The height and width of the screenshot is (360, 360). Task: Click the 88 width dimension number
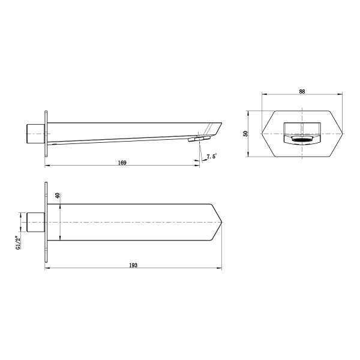tap(302, 91)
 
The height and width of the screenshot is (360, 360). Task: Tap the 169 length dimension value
tap(122, 163)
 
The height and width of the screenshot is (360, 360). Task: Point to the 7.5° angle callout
tap(211, 157)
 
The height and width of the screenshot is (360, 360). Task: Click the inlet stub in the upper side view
tap(35, 133)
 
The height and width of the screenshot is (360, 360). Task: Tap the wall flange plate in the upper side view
tap(46, 133)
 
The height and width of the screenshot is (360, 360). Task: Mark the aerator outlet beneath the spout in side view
tap(196, 139)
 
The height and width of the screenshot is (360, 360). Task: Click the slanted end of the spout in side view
tap(217, 128)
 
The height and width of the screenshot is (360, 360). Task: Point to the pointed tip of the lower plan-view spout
tap(222, 223)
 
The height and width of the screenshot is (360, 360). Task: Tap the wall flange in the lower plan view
tap(46, 223)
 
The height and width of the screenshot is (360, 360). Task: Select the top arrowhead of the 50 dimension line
tap(251, 112)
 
